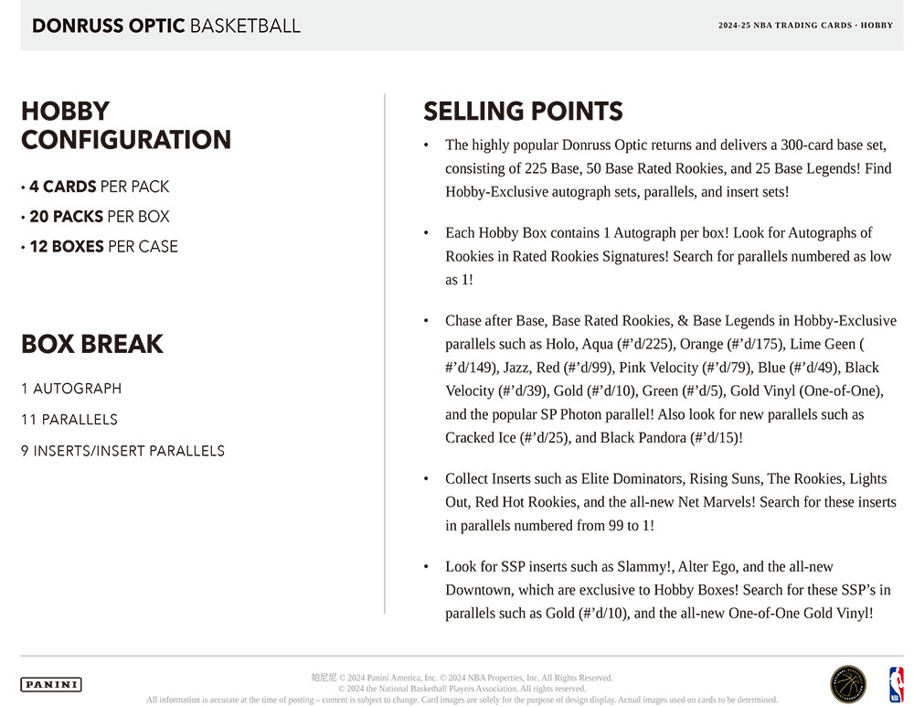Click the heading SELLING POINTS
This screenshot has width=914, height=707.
523,112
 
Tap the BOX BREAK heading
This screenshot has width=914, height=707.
92,345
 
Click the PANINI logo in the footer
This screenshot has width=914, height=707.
51,684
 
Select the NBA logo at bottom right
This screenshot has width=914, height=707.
896,684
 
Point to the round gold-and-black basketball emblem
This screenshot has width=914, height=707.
847,684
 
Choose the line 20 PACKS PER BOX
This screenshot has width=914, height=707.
99,217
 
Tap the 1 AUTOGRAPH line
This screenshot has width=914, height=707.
71,389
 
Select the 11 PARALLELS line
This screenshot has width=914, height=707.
69,420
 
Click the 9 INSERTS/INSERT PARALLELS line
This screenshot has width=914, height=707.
122,451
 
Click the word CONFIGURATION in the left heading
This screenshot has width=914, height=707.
126,140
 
